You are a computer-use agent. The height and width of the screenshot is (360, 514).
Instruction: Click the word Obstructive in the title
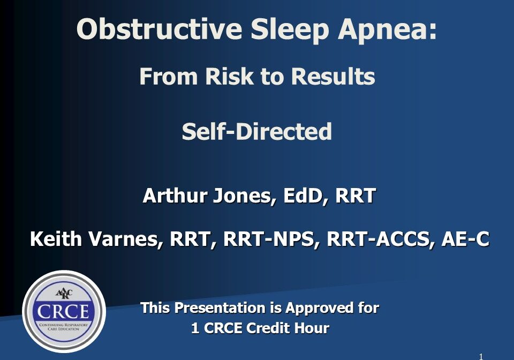(x=160, y=29)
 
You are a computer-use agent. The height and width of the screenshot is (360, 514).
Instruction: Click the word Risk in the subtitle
(x=229, y=76)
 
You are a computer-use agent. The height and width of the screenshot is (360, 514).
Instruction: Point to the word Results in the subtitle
(x=332, y=76)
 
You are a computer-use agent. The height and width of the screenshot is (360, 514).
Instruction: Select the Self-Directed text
(x=256, y=131)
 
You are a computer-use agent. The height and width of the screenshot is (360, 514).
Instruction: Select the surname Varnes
(x=126, y=239)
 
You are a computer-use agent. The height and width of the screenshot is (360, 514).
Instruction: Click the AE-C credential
(x=465, y=239)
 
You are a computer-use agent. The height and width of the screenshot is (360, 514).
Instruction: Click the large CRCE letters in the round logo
(x=63, y=312)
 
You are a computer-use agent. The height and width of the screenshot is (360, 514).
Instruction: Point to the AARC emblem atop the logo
(x=64, y=294)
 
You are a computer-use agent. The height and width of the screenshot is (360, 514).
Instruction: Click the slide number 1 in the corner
(x=481, y=357)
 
